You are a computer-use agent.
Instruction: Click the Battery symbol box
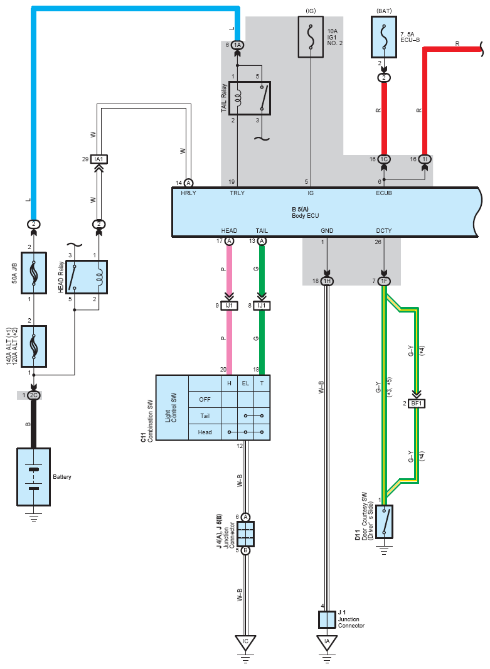point(34,476)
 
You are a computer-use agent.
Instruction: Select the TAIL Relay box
point(250,98)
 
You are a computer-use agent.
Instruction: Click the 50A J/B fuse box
point(34,272)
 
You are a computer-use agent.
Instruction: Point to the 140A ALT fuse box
point(34,346)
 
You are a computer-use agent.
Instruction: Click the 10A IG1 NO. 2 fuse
point(311,36)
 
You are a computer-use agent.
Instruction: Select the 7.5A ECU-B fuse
point(384,36)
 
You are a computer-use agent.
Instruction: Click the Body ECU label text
point(306,216)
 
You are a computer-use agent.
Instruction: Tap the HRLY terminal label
point(188,193)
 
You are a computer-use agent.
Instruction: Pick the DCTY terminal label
point(384,231)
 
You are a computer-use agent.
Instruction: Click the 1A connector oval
point(238,45)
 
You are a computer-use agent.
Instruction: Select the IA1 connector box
point(99,159)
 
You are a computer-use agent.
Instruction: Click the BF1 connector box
point(417,403)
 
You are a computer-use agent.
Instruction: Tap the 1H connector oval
point(327,281)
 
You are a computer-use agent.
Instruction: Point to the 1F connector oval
point(384,281)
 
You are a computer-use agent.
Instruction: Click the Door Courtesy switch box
point(384,522)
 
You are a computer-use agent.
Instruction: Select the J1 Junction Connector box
point(327,619)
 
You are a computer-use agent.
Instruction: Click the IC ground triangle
point(245,643)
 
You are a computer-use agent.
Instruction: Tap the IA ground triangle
point(327,643)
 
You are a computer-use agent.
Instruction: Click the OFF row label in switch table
point(205,400)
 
